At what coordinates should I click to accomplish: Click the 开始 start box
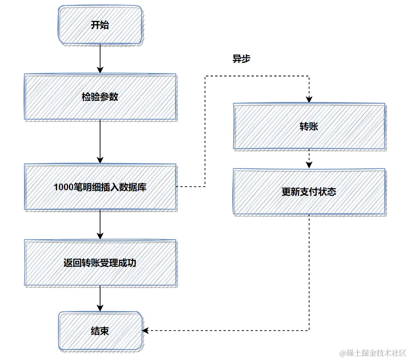tap(100, 25)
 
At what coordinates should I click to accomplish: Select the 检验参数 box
tap(100, 97)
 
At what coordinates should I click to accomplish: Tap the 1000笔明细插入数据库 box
tap(100, 187)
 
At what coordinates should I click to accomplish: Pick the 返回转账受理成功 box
tap(100, 263)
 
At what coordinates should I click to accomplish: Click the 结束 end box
tap(100, 331)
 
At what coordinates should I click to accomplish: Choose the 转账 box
tap(309, 126)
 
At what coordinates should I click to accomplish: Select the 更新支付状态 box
tap(309, 192)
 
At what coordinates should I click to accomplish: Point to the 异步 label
tap(241, 59)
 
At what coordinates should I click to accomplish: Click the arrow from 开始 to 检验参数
tap(100, 59)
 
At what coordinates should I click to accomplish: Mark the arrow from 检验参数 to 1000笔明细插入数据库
tap(100, 142)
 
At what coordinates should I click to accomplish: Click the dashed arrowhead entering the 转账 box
tap(309, 100)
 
